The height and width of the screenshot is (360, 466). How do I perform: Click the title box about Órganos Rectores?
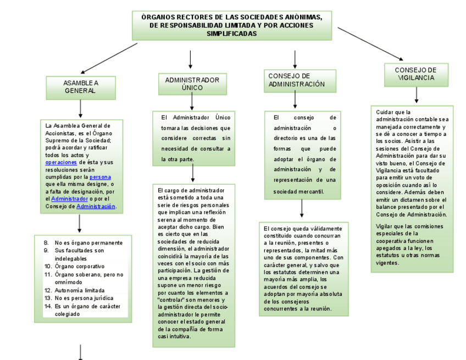point(231,25)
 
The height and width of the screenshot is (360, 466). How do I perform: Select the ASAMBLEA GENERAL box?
point(80,87)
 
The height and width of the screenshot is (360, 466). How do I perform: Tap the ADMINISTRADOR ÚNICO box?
point(192,84)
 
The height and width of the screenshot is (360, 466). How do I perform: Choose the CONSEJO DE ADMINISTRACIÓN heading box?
point(298,80)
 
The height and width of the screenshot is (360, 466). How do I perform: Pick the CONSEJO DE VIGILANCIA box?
point(415,74)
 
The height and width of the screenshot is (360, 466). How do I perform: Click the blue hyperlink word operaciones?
point(61,163)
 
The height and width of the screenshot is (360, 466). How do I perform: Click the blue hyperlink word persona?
point(100,177)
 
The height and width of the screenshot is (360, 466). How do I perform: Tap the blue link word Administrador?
point(69,199)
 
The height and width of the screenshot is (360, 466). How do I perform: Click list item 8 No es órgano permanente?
point(88,242)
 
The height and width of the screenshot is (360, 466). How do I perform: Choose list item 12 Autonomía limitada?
point(80,290)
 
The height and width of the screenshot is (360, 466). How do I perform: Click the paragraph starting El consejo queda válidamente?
point(303,268)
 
